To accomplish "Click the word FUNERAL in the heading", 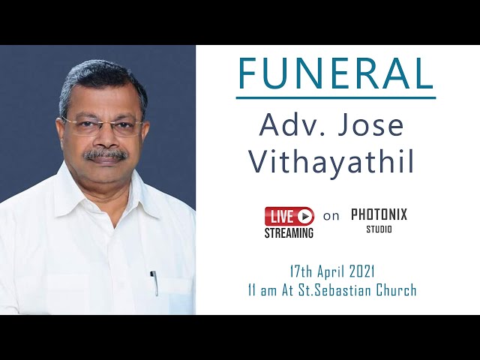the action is point(336,73).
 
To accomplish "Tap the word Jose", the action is point(370,124).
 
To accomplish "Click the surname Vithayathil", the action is point(331,161).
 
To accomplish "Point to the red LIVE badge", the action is point(289,216).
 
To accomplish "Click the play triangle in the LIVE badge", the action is point(305,217).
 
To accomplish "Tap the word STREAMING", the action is point(289,233).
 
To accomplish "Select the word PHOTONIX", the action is point(379,214).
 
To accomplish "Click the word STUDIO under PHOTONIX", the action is point(379,229).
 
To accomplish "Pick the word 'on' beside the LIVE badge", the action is point(331,217).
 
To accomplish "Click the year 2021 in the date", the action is point(361,271).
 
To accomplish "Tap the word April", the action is point(331,272).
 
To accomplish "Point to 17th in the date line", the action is point(301,271).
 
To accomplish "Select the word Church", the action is point(397,290).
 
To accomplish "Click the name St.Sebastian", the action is point(335,290).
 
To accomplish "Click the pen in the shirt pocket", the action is point(154,283).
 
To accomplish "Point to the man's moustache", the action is point(106,154).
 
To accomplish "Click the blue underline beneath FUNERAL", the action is point(336,98).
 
